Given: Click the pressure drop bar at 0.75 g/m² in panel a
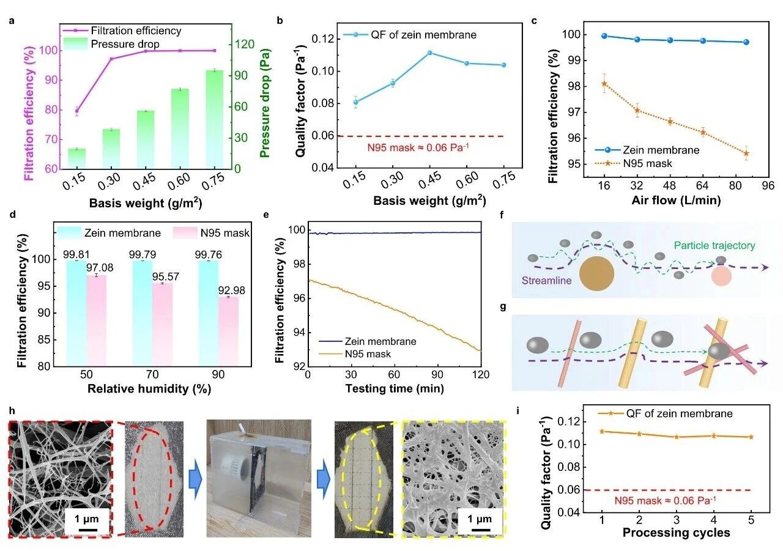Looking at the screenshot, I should coord(214,120).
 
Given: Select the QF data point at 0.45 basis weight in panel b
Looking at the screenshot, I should coord(429,53).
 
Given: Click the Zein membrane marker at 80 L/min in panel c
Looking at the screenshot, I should coord(746,42).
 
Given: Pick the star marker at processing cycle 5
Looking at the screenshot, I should coord(751,437).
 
